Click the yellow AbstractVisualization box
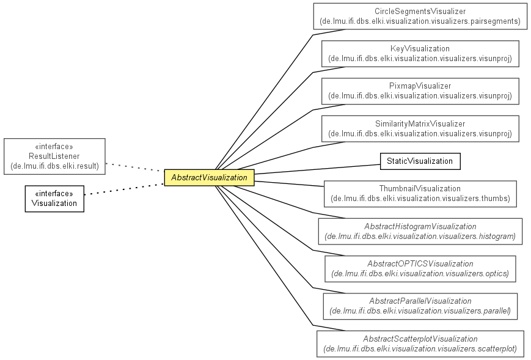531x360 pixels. pos(210,177)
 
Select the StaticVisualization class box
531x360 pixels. pos(420,161)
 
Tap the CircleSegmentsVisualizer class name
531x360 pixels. pos(420,12)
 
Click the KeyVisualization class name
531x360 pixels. pos(420,49)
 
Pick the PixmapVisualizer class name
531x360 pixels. pos(420,86)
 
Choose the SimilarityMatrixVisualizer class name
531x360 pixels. pos(420,123)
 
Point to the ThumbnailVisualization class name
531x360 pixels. pos(420,188)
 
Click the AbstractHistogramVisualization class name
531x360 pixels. pos(420,226)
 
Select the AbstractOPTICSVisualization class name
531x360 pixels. pos(420,263)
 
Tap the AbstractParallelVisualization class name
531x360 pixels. pos(420,301)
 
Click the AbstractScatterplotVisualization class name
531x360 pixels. pos(420,339)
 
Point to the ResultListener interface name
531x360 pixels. pos(54,156)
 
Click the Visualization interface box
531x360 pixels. pos(54,199)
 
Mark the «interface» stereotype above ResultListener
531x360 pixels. pos(54,147)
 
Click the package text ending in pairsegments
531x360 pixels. pos(420,21)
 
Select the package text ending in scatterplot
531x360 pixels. pos(420,348)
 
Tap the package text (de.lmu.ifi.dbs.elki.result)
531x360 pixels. pos(54,166)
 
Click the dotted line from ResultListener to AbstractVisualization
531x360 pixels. pos(135,167)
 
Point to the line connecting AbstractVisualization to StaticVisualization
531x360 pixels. pos(317,169)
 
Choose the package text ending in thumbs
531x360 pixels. pos(420,198)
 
